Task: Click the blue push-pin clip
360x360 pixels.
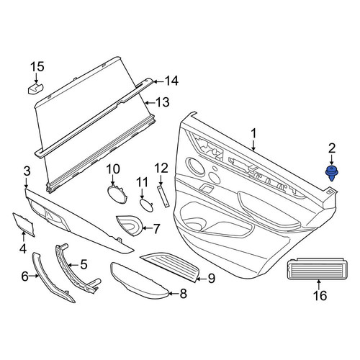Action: pos(331,174)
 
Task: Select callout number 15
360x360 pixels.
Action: pos(37,66)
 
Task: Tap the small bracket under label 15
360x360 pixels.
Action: pos(35,89)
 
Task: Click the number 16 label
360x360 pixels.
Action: pos(320,295)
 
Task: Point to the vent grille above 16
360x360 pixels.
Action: pos(318,269)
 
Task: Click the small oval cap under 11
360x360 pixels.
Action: pos(146,205)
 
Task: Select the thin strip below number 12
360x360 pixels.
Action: pos(163,196)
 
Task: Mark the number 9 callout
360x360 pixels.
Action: pos(212,279)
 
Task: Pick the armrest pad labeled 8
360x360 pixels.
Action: pos(139,282)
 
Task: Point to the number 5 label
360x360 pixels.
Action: pos(84,264)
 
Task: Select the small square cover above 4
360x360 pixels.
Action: pos(24,225)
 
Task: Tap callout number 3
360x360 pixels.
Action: pos(27,171)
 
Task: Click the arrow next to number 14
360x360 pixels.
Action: pos(158,81)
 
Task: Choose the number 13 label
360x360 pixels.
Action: pos(163,102)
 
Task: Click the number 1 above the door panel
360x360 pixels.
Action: pos(253,133)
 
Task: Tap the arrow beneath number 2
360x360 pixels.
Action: pos(331,161)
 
